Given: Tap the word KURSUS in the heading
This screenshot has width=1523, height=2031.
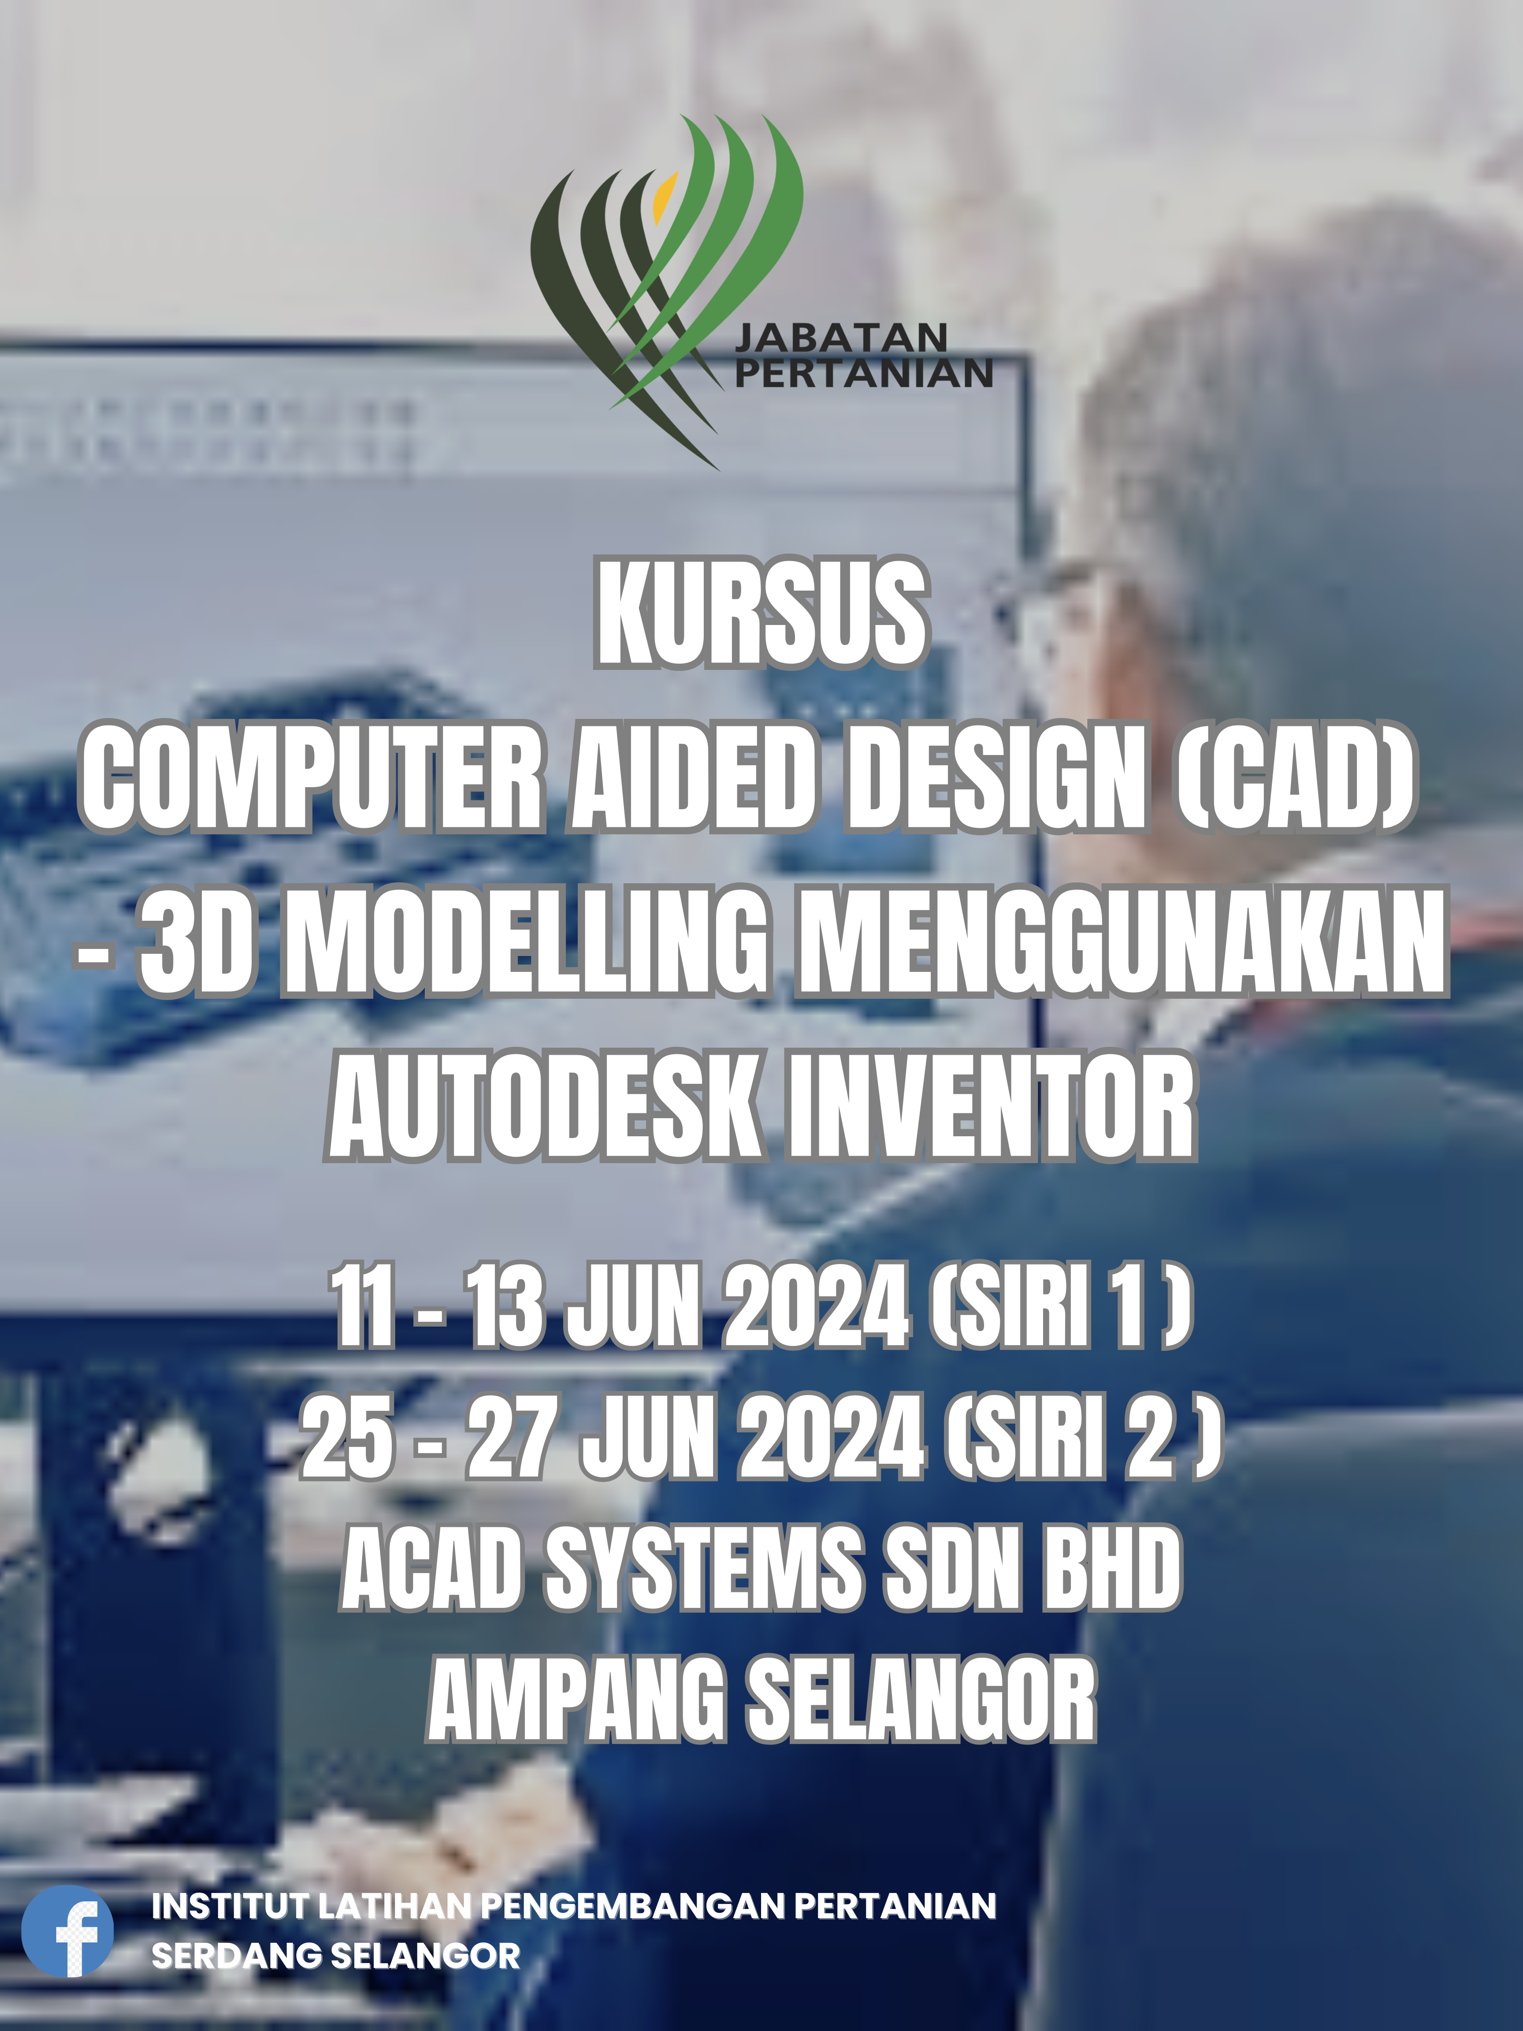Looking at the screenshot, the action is click(x=761, y=612).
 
